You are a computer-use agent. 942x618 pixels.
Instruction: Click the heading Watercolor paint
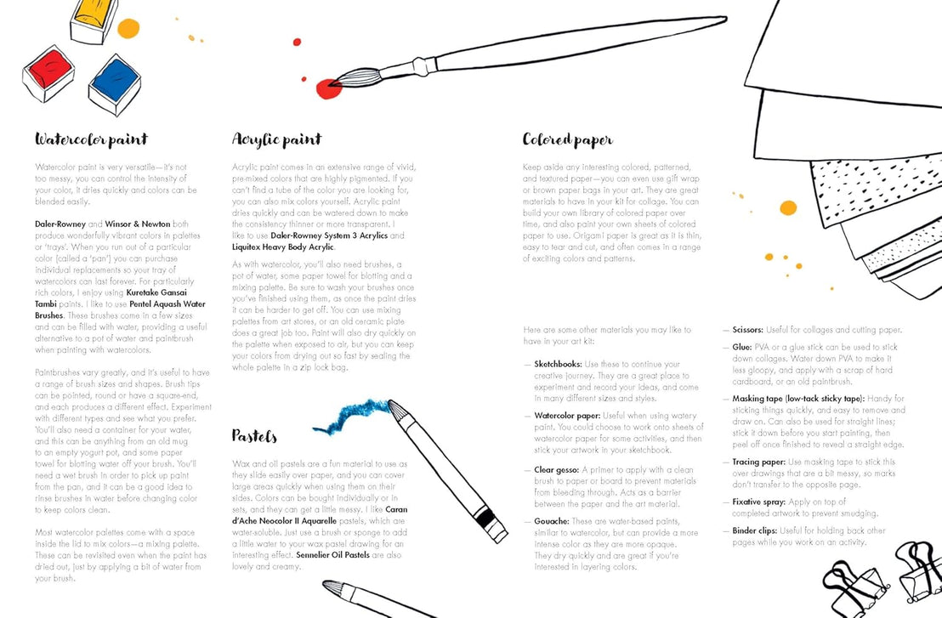click(91, 139)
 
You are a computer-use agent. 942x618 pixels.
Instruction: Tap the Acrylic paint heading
click(276, 139)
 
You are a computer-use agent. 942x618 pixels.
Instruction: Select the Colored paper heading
click(567, 139)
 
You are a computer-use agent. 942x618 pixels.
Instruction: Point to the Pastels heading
click(254, 436)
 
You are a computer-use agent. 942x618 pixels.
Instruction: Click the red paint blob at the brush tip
click(327, 87)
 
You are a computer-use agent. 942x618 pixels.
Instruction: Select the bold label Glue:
click(741, 348)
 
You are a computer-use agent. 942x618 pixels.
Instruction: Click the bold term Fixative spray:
click(760, 502)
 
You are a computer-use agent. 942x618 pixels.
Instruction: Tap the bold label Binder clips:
click(755, 530)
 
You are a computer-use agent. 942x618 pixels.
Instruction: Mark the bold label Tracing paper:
click(760, 462)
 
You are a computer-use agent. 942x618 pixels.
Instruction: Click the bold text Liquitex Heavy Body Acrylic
click(284, 247)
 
